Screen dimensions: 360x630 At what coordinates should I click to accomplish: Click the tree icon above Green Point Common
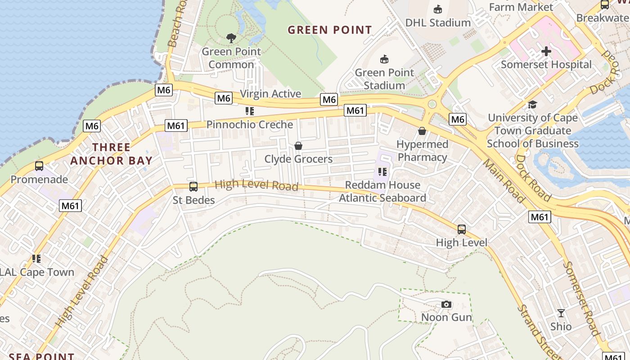[x=231, y=38]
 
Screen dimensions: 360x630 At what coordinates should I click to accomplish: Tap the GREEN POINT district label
[x=330, y=30]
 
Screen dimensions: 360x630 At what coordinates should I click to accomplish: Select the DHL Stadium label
[x=437, y=22]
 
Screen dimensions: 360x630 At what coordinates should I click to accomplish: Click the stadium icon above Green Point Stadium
[x=384, y=59]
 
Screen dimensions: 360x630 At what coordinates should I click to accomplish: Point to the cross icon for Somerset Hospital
[x=546, y=51]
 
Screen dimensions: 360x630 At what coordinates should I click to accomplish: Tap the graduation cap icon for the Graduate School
[x=532, y=104]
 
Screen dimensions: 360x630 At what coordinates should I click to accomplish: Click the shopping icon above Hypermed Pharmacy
[x=422, y=131]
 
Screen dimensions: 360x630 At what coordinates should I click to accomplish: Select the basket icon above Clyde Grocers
[x=298, y=146]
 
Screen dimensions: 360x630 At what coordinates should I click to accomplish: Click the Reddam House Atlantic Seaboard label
[x=382, y=191]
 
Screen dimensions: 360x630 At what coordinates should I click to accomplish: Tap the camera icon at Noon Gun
[x=446, y=305]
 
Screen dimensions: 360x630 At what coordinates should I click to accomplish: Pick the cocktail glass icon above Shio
[x=561, y=313]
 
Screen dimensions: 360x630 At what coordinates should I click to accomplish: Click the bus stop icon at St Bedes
[x=193, y=186]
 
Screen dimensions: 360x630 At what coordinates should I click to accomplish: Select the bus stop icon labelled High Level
[x=461, y=229]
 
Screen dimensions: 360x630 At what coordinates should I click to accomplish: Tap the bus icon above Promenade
[x=39, y=166]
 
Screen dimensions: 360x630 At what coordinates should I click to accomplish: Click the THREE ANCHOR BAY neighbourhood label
[x=111, y=154]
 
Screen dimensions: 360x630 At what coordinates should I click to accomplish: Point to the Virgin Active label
[x=270, y=94]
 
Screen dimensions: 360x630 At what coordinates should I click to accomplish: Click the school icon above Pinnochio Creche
[x=249, y=111]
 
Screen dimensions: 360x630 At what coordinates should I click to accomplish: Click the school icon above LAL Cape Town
[x=36, y=259]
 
